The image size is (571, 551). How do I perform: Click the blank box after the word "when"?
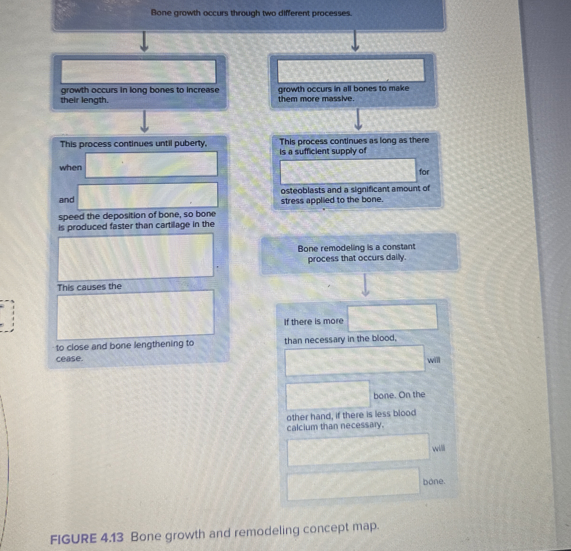click(x=151, y=164)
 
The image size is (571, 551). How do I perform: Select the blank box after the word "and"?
click(x=147, y=196)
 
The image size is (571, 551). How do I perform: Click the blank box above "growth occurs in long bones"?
click(x=138, y=71)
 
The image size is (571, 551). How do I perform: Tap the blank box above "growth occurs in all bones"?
click(x=351, y=70)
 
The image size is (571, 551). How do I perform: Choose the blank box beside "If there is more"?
click(x=393, y=317)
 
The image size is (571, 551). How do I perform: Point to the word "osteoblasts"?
click(x=303, y=190)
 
